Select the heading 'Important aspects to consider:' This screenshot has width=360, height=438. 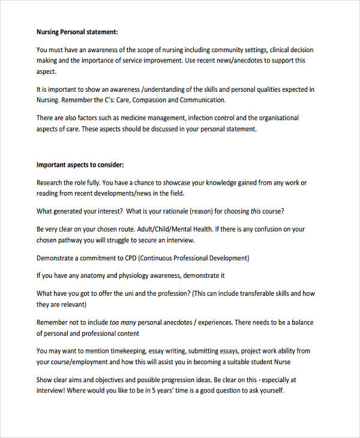point(80,164)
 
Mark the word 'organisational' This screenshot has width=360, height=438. point(277,118)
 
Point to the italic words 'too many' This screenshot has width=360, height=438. point(122,322)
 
